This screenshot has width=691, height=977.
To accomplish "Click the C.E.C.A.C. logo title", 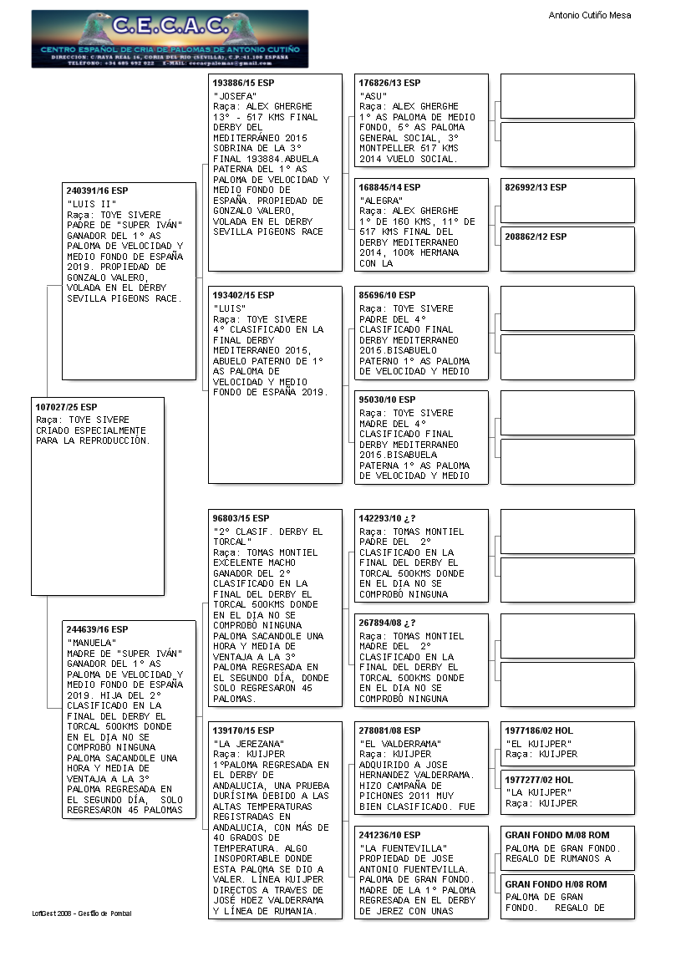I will [x=170, y=27].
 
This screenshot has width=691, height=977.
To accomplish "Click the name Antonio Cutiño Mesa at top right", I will [x=589, y=15].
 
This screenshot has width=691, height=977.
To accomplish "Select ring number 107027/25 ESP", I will [x=66, y=407].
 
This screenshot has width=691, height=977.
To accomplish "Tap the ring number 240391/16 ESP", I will [x=97, y=191].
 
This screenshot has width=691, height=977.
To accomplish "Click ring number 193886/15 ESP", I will [x=243, y=84].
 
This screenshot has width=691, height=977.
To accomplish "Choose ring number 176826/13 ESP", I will [x=389, y=84].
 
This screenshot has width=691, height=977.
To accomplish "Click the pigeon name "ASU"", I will [x=373, y=96].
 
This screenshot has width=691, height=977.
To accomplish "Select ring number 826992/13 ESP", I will [x=536, y=188].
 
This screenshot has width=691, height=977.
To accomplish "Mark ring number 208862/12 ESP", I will [x=536, y=237].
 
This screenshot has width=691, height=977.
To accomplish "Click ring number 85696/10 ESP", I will [x=387, y=296].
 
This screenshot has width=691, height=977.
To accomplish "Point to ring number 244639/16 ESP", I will [x=97, y=629].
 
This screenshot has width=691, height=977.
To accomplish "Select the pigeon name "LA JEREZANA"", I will [x=248, y=744].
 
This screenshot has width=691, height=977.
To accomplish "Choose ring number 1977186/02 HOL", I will [x=539, y=730].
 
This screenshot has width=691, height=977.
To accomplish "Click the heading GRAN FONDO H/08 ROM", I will [x=556, y=884].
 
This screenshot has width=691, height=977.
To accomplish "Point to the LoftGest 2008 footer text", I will [x=82, y=913].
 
